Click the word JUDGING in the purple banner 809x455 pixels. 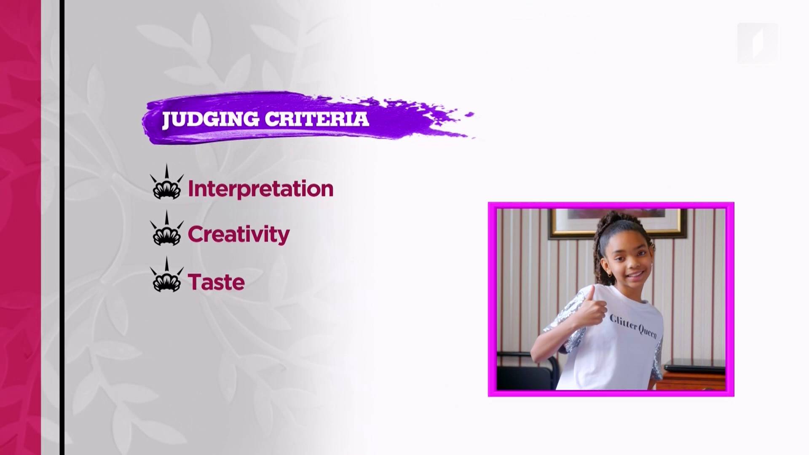point(211,119)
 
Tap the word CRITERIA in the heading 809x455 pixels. point(317,119)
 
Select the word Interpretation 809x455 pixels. point(260,189)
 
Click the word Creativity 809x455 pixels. point(238,235)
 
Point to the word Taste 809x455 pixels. point(216,282)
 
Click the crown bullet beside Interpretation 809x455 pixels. point(167,182)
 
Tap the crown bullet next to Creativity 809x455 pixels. point(167,228)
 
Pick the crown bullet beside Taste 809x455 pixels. point(167,275)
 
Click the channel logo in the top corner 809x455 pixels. point(757,43)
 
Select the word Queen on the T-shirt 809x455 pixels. point(647,332)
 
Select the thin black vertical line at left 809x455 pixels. point(62,227)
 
